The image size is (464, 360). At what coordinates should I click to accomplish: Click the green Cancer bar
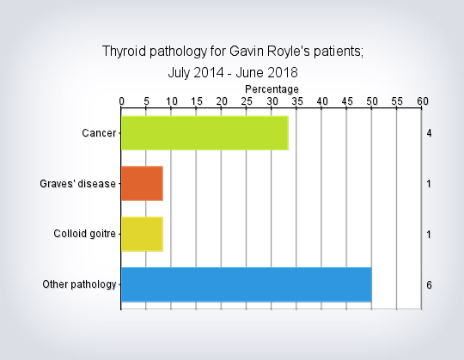point(205,133)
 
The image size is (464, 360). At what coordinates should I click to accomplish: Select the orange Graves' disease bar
point(142,183)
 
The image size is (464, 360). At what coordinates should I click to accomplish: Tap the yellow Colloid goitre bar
point(142,234)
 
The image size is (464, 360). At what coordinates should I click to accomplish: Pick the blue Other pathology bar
point(247,284)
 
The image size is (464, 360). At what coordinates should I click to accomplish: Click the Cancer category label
point(99,133)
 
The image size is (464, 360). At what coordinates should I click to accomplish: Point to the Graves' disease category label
point(77,184)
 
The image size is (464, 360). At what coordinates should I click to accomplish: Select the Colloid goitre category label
point(84,234)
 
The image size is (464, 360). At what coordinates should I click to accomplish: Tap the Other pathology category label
point(79,284)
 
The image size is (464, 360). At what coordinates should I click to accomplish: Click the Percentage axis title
point(272,89)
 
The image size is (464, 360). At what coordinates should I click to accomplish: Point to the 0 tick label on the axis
point(122,101)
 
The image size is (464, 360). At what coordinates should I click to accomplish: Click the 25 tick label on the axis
point(247,101)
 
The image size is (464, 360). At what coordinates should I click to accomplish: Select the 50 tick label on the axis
point(372,101)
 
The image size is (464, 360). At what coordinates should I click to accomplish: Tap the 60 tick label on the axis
point(423,101)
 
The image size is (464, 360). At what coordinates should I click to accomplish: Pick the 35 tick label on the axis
point(296,101)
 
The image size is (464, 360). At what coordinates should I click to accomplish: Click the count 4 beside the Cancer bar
point(429,133)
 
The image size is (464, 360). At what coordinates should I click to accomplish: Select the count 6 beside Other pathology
point(429,285)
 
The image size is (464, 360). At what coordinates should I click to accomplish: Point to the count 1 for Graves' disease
point(429,184)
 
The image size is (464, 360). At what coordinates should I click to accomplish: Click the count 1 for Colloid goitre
point(429,235)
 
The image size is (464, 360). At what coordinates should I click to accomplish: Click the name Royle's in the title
point(288,52)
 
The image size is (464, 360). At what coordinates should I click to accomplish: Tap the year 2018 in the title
point(281,72)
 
